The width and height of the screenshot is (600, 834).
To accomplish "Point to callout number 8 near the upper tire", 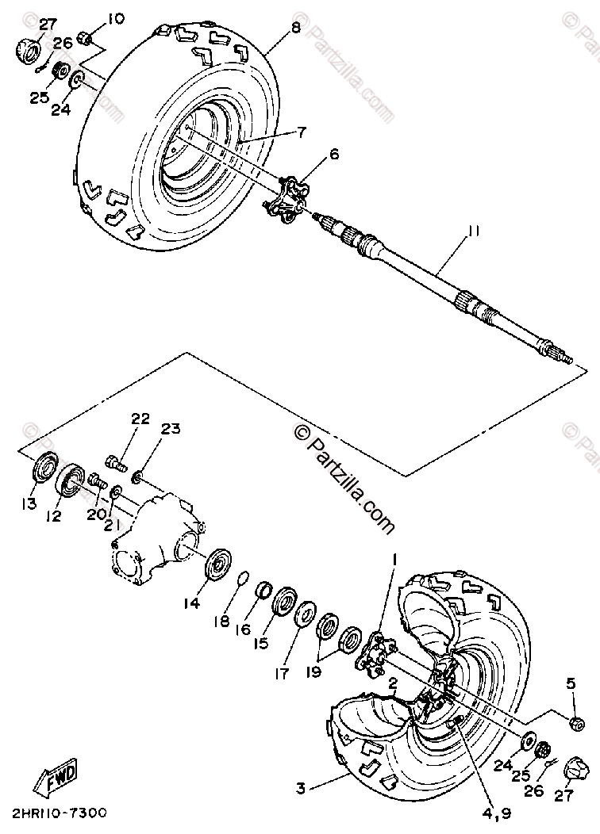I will [x=295, y=28].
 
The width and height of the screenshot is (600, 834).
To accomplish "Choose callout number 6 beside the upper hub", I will [x=334, y=155].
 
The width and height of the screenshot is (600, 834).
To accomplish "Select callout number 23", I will [x=171, y=430].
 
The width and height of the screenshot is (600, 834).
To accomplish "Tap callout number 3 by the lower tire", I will [x=301, y=788].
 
